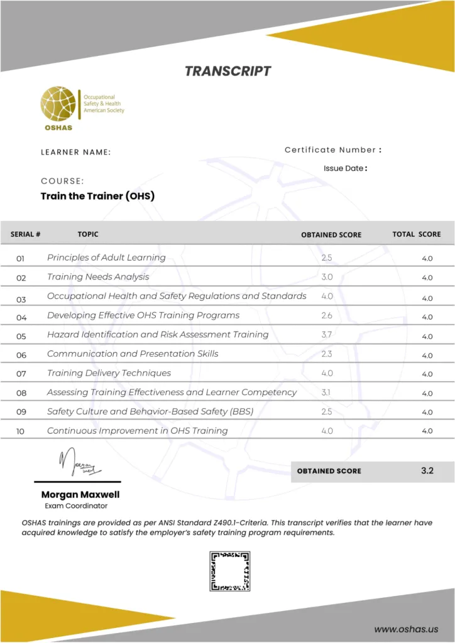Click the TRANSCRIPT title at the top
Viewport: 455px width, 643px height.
click(x=227, y=71)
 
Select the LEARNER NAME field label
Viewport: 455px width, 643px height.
click(x=75, y=152)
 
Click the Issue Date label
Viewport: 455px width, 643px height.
click(x=345, y=168)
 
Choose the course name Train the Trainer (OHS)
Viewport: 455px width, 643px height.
click(x=97, y=196)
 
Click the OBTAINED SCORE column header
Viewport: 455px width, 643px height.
click(x=331, y=235)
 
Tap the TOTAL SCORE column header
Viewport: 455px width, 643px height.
click(x=416, y=234)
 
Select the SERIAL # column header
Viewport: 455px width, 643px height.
click(x=26, y=234)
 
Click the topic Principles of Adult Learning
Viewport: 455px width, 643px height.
click(x=106, y=257)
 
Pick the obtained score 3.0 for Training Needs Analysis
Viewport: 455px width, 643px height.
click(x=327, y=277)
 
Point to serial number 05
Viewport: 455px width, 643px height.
click(x=21, y=337)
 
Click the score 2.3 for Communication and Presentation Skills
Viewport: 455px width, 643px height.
click(x=327, y=354)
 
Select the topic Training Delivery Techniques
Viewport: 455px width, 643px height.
click(x=109, y=373)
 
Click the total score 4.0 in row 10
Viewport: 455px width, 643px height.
click(x=427, y=431)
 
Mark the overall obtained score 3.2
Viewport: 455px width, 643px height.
click(x=427, y=470)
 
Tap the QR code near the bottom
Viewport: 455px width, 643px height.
click(x=229, y=571)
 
